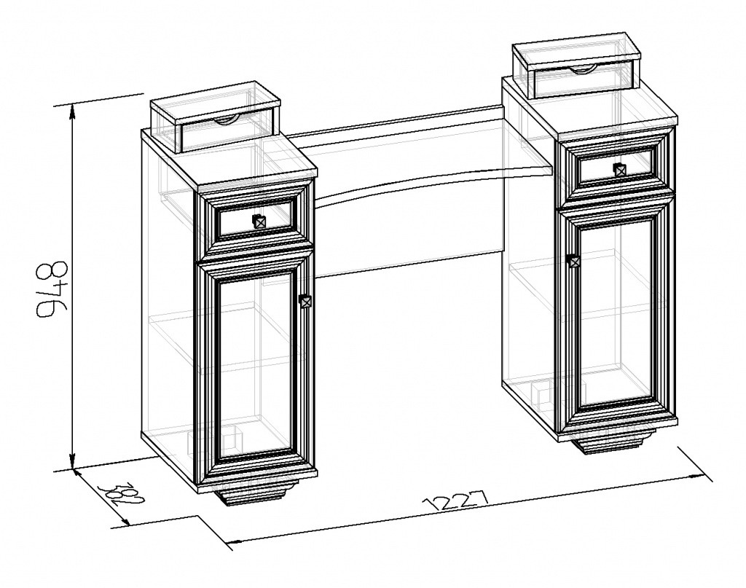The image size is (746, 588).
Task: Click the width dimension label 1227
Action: pyautogui.click(x=455, y=501)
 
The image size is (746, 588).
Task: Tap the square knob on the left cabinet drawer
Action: pyautogui.click(x=259, y=222)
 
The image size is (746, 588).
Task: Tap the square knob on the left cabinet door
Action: pyautogui.click(x=305, y=301)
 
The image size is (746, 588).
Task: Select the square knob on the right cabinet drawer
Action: pyautogui.click(x=619, y=170)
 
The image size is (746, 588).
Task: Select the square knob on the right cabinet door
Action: pyautogui.click(x=574, y=261)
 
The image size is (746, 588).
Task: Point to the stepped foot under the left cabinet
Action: pyautogui.click(x=256, y=493)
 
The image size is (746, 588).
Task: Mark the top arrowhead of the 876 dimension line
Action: pyautogui.click(x=72, y=112)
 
